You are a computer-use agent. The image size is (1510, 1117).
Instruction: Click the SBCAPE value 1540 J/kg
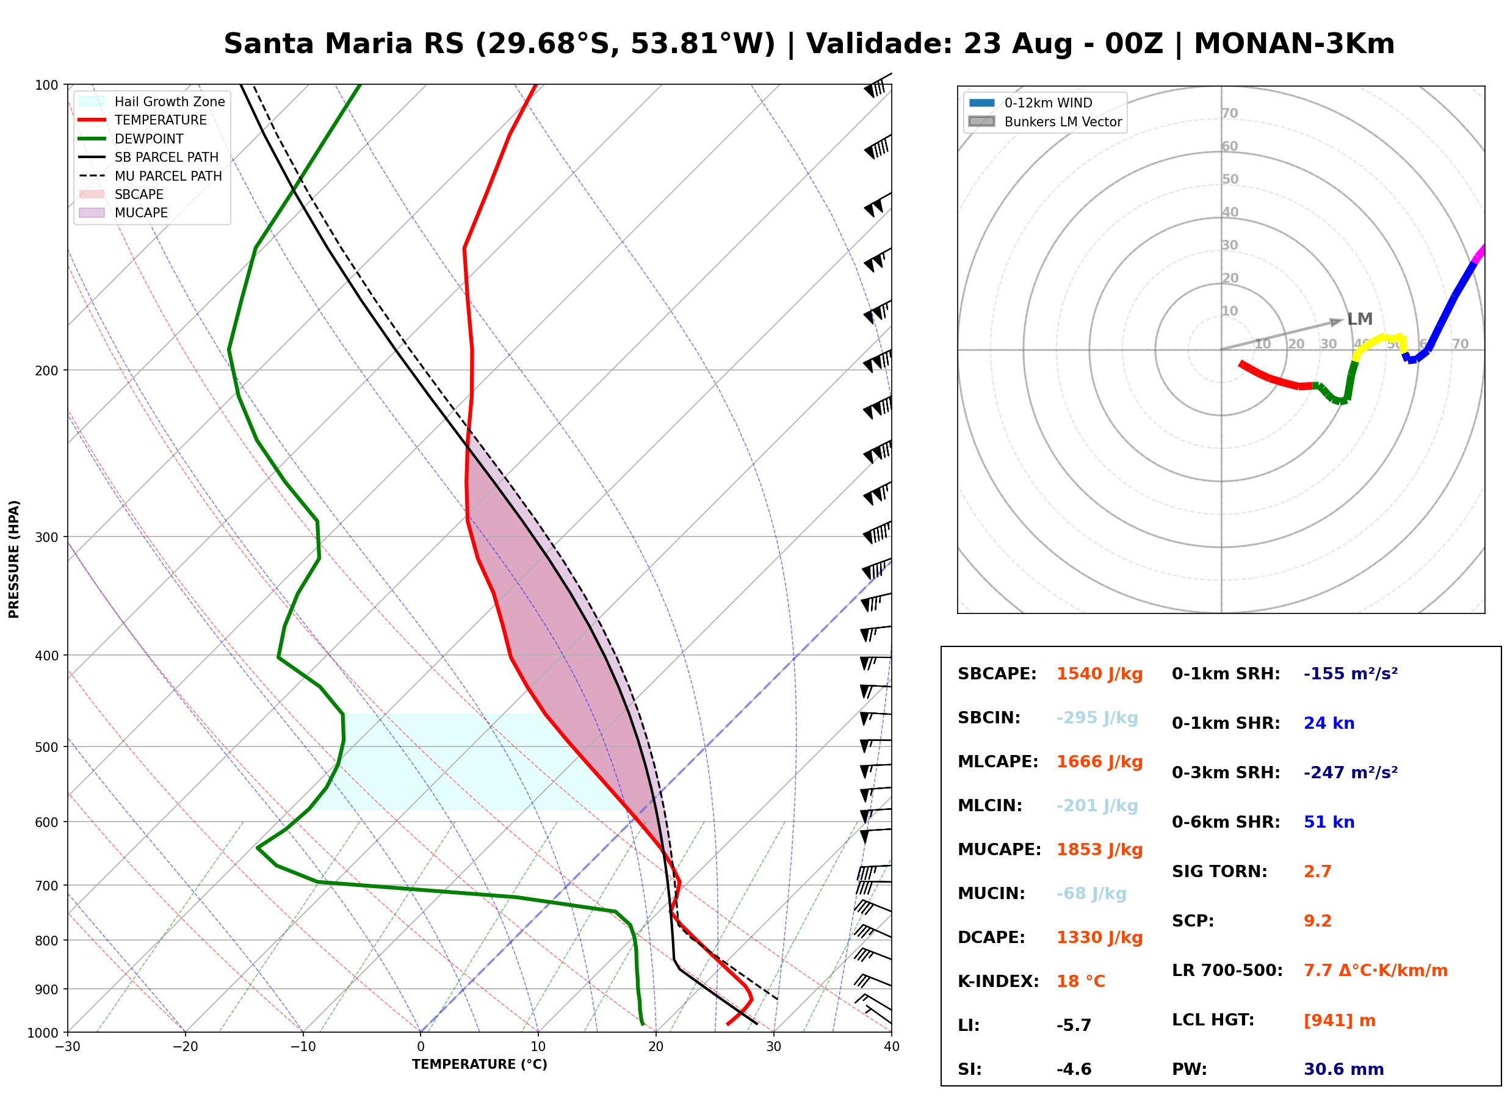tap(1099, 674)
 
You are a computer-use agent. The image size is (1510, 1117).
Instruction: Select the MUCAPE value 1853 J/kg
tap(1099, 850)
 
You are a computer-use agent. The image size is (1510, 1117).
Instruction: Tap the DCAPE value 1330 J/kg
tap(1099, 938)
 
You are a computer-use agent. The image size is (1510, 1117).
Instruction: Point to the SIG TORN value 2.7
tap(1317, 872)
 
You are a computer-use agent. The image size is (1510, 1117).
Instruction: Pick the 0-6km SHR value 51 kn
tap(1329, 822)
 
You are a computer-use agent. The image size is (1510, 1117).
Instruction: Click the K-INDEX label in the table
tap(998, 981)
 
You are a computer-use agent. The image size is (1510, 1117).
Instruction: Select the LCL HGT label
tap(1213, 1021)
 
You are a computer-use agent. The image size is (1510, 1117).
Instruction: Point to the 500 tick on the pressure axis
tap(46, 747)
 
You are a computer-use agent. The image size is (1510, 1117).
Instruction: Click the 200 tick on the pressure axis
tap(46, 371)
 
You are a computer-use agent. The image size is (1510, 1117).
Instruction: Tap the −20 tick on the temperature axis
tap(184, 1047)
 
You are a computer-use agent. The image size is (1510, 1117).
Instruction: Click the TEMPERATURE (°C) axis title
tap(479, 1065)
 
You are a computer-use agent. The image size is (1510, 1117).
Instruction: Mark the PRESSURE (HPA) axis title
tap(13, 559)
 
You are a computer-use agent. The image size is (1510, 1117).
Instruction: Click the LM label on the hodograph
tap(1359, 319)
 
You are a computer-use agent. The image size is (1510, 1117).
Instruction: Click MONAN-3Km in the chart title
tap(1294, 44)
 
